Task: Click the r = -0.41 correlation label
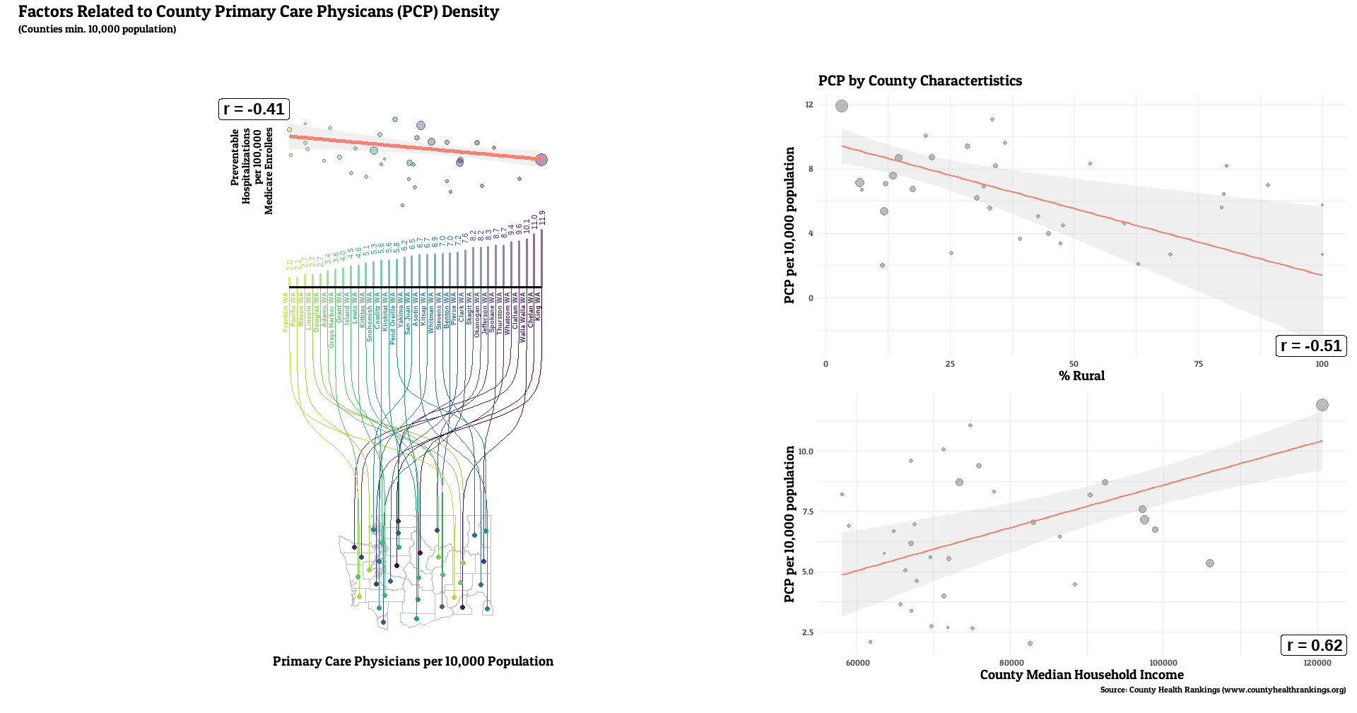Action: point(254,109)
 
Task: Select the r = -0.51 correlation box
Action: point(1310,346)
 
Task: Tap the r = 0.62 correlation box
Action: point(1314,645)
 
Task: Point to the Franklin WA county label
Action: point(286,312)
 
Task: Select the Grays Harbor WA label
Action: point(331,319)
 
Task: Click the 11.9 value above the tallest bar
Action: point(542,218)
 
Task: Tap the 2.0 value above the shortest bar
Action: point(290,265)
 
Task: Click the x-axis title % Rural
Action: point(1081,376)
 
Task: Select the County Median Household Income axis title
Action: point(1081,675)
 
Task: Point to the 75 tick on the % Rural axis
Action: point(1198,364)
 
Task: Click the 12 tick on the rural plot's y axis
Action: point(809,105)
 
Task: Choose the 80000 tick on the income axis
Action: point(1011,663)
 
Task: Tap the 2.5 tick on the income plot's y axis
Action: point(807,632)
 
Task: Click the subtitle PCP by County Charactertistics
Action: point(920,81)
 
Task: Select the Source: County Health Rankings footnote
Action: point(1223,690)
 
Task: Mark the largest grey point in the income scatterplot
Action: point(1322,405)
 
